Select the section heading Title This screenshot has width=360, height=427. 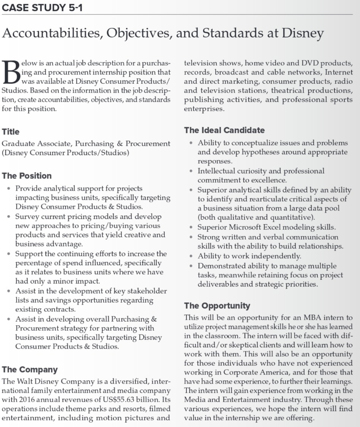click(x=10, y=132)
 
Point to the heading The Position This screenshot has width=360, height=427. click(x=27, y=176)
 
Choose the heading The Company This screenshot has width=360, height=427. click(x=30, y=369)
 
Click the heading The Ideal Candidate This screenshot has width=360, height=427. click(x=224, y=130)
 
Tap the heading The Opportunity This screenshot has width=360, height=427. click(x=217, y=306)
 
